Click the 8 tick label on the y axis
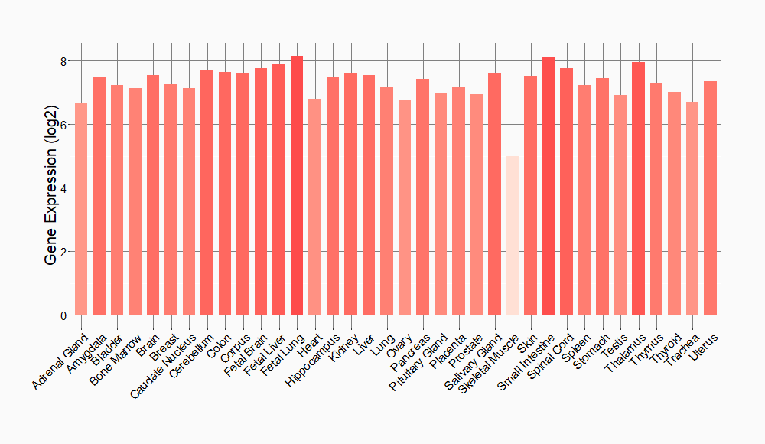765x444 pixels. [x=64, y=61]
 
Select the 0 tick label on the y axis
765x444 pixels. [x=64, y=315]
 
